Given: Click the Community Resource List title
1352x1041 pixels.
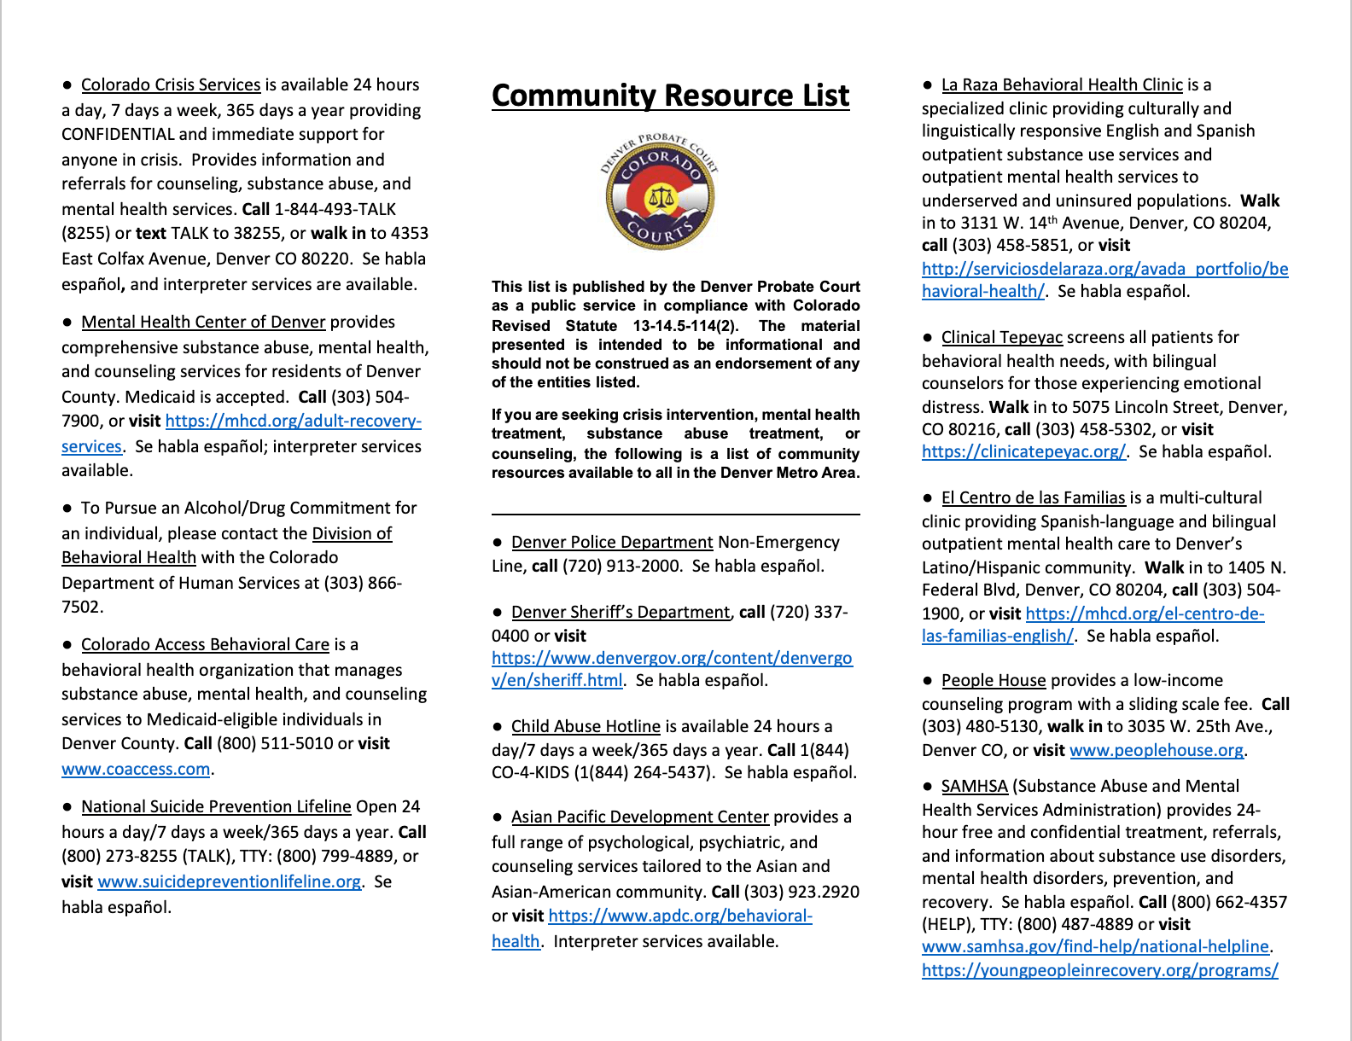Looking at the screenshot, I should (670, 96).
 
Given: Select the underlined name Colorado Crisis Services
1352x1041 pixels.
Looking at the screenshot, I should (171, 84).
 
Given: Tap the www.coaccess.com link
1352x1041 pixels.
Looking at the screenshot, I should (136, 769).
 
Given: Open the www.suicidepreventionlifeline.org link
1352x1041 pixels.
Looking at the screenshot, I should (229, 881).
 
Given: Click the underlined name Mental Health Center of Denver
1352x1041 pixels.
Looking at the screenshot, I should (203, 322).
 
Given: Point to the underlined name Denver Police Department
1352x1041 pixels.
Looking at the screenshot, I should (612, 542).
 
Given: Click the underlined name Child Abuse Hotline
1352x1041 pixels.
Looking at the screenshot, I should (586, 726).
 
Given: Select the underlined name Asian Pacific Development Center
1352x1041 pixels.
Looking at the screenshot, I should (639, 817).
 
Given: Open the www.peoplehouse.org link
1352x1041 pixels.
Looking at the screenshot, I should (1157, 750).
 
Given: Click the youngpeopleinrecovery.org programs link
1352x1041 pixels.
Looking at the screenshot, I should (1099, 970).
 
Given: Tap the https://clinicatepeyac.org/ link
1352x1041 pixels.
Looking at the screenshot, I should (1023, 451).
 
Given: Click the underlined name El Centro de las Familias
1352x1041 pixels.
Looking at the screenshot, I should (1033, 497).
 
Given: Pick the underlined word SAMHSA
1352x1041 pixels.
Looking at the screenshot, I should (974, 786).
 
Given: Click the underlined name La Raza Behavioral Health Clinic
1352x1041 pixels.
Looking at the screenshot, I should (1062, 84).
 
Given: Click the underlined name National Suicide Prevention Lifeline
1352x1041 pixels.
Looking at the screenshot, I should (216, 806).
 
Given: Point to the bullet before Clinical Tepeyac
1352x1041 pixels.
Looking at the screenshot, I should (928, 338).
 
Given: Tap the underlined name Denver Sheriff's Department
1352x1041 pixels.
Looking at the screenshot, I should (621, 612).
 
